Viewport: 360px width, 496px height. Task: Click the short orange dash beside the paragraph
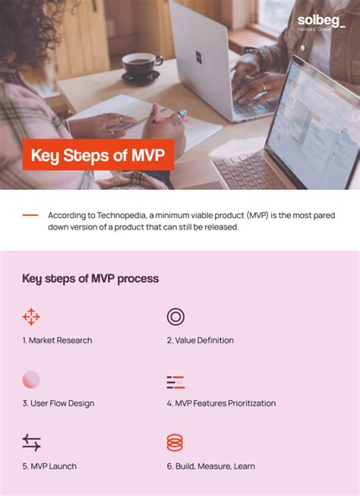pos(30,216)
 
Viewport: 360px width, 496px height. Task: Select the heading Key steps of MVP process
pos(90,279)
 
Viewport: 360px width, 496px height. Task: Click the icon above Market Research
pos(31,317)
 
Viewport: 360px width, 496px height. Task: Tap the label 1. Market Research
pos(57,340)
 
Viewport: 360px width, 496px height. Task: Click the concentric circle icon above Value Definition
pos(175,317)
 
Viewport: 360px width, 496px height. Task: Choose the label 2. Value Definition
pos(201,340)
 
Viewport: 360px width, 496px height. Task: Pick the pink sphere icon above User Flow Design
pos(31,380)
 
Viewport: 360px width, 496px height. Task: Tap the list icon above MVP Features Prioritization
pos(175,382)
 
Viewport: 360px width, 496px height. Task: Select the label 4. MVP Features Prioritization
pos(221,403)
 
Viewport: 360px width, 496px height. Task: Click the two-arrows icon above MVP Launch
pos(31,443)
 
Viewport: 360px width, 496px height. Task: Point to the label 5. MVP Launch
pos(49,466)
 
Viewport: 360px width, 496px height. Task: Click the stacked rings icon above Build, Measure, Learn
pos(175,443)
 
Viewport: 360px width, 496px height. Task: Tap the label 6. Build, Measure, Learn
pos(212,466)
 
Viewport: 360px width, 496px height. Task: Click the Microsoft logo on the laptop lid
pos(198,58)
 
